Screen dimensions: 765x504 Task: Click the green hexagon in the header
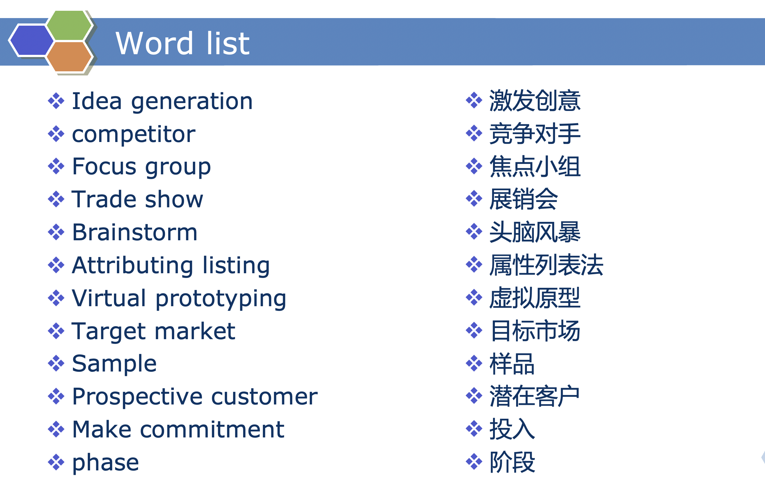click(69, 25)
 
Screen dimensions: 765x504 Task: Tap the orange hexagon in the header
click(69, 57)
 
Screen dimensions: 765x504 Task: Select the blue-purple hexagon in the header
click(31, 41)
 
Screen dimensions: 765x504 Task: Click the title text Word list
click(182, 43)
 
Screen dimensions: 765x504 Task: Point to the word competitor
click(134, 134)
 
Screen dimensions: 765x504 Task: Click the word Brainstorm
click(135, 232)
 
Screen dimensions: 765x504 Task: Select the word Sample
click(114, 364)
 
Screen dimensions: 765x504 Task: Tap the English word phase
click(106, 463)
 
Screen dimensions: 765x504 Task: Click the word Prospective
click(137, 397)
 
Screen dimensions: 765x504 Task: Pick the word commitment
click(212, 429)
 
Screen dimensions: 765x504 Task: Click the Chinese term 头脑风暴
click(535, 232)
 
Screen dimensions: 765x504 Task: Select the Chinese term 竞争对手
click(535, 133)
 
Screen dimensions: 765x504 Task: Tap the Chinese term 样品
click(512, 364)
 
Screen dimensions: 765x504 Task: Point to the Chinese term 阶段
click(512, 462)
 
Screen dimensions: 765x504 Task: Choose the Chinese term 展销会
click(524, 199)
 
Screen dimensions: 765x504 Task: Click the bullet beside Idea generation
click(56, 101)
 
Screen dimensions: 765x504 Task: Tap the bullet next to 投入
click(474, 429)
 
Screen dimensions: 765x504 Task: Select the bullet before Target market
click(56, 331)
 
